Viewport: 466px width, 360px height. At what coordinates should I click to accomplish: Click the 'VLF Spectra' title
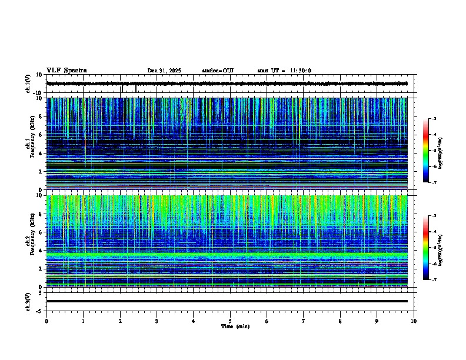click(x=66, y=71)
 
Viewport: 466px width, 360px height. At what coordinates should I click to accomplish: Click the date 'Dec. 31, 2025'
click(x=164, y=71)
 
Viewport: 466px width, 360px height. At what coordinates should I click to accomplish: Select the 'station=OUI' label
click(x=218, y=71)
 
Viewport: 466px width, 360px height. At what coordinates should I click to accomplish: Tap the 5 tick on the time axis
click(x=230, y=321)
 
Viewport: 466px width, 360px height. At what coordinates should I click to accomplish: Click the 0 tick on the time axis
click(x=46, y=321)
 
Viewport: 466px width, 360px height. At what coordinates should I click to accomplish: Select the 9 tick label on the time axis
click(x=377, y=321)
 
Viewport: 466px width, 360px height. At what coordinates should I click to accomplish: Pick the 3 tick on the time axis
click(x=157, y=321)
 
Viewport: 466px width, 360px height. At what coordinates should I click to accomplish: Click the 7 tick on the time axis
click(x=304, y=321)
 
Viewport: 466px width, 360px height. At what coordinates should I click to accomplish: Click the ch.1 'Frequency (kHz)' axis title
click(x=31, y=141)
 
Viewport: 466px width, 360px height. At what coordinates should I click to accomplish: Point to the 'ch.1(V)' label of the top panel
click(x=28, y=84)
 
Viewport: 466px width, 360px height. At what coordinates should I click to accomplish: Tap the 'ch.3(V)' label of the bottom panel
click(x=28, y=301)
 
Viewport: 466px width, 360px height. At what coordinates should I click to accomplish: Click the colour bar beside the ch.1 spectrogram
click(x=426, y=151)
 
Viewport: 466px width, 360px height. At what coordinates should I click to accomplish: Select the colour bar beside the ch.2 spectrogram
click(x=426, y=248)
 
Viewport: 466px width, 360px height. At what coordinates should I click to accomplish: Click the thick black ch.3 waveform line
click(x=227, y=301)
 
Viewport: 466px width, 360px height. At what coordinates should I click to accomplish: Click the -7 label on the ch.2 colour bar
click(x=434, y=280)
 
